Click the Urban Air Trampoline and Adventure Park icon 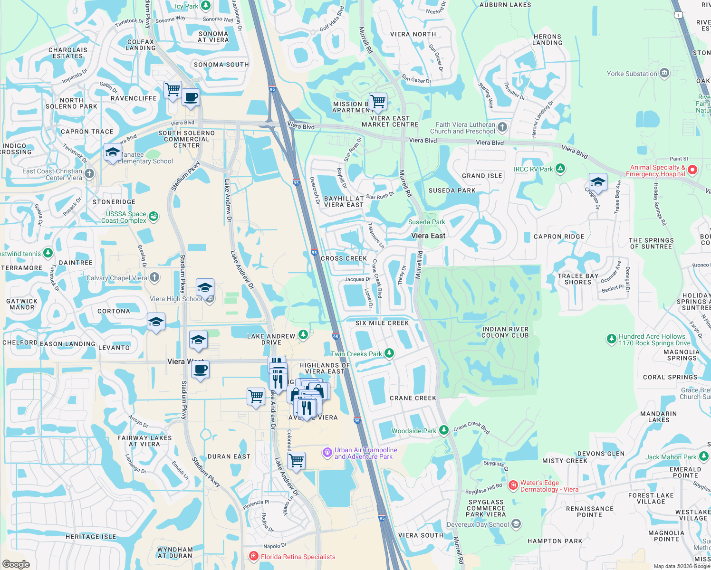327,452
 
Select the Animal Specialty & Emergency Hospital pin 692,170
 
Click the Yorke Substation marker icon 664,73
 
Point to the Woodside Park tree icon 444,430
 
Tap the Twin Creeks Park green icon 389,353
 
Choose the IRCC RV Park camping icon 560,168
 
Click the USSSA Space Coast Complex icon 153,217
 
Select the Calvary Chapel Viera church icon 154,277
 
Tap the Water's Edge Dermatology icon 513,485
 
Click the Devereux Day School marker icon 516,524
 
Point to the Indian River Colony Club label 505,332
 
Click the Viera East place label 428,236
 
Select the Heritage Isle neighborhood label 91,537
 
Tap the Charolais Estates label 68,53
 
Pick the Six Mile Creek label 382,323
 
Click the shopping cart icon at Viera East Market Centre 378,101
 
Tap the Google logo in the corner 16,564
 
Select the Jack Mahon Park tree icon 704,456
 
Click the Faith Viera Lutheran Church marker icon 503,127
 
